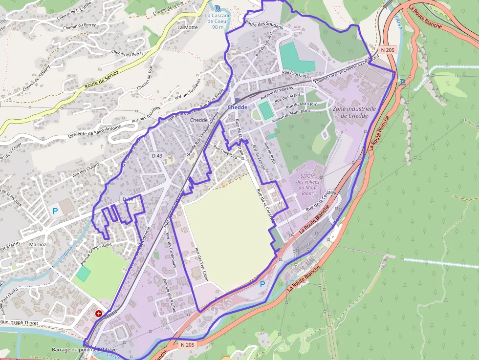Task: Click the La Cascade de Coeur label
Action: click(x=218, y=21)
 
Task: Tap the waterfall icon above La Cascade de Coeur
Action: click(x=218, y=8)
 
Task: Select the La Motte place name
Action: click(x=188, y=27)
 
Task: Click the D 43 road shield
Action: click(x=157, y=155)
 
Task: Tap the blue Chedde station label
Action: click(x=238, y=107)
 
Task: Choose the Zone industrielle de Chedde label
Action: click(x=354, y=112)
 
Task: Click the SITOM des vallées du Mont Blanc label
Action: click(x=307, y=181)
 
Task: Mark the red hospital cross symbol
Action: click(x=99, y=313)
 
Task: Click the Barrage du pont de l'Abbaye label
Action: click(x=84, y=350)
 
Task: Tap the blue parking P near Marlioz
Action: click(x=55, y=212)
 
